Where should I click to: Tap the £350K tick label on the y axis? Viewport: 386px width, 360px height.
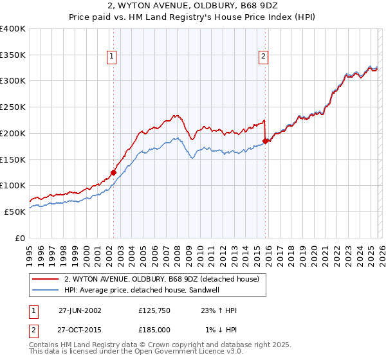[13, 55]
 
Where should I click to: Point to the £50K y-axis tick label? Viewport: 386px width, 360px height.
[15, 212]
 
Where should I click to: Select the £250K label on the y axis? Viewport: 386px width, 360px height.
[13, 107]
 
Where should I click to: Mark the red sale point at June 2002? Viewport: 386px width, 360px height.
[114, 172]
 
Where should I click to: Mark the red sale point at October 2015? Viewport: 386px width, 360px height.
[265, 141]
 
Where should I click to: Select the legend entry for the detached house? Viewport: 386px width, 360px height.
[161, 279]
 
